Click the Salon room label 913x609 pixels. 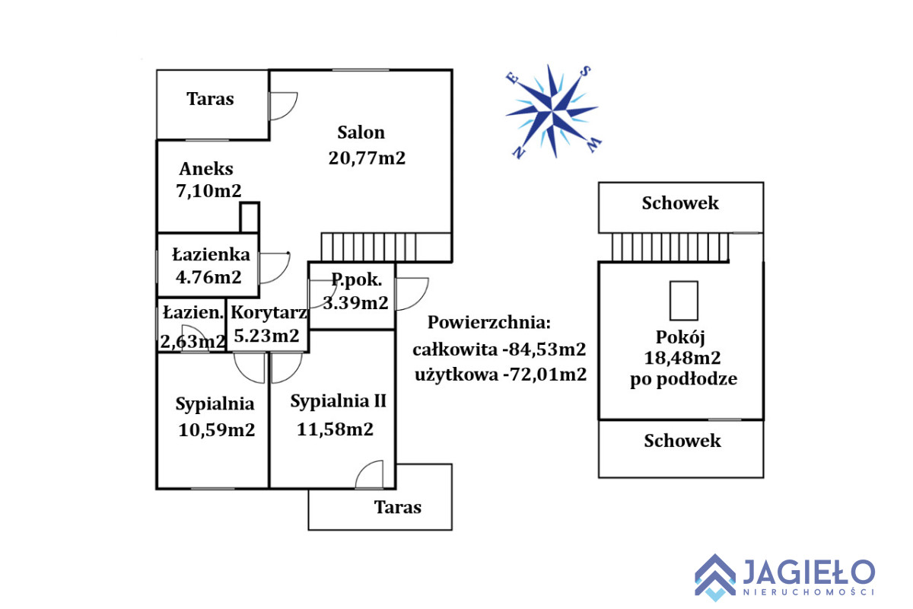[x=361, y=132]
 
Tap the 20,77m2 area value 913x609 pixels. [x=367, y=158]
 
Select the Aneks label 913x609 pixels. [x=206, y=169]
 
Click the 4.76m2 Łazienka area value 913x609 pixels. [x=208, y=277]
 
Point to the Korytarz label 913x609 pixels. [x=269, y=312]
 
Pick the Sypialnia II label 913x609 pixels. [x=339, y=401]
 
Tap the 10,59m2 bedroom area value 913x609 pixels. [x=216, y=430]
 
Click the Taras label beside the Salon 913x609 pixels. [x=211, y=99]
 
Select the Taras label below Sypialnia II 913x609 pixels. [x=398, y=507]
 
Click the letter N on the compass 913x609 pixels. [x=520, y=153]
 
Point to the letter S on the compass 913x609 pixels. [x=586, y=71]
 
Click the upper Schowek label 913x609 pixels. [x=680, y=203]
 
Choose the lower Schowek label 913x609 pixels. [x=682, y=441]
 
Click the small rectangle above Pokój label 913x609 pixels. [x=683, y=301]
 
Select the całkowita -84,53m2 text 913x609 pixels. [x=499, y=350]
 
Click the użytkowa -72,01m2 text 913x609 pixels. [x=500, y=375]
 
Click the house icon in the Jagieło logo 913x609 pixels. [x=714, y=576]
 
